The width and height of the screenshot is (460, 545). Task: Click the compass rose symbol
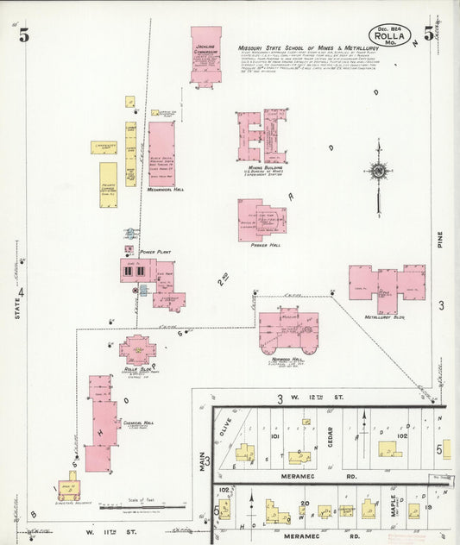coord(377,171)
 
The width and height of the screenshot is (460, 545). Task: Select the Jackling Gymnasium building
coord(205,55)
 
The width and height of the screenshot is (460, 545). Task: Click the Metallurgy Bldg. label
coord(385,316)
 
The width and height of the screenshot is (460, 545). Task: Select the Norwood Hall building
coord(288,330)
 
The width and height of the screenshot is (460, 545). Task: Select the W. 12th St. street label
coord(312,398)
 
